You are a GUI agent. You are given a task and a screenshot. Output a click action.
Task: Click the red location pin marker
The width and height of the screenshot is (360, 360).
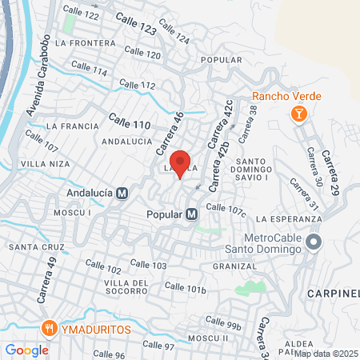[x=180, y=162]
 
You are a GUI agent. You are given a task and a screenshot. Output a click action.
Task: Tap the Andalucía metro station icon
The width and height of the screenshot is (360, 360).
[x=122, y=193]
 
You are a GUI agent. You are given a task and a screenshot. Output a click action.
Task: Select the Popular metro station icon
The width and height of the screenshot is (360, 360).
[x=191, y=214]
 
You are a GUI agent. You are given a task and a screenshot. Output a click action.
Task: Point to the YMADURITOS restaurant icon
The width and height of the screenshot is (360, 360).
[x=49, y=327]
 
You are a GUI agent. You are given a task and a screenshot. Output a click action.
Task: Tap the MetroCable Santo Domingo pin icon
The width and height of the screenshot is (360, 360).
[x=314, y=241]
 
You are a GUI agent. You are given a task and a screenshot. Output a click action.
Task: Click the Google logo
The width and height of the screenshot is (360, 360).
[x=26, y=350]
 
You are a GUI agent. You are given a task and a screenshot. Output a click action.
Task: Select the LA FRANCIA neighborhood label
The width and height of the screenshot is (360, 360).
[x=72, y=126]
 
